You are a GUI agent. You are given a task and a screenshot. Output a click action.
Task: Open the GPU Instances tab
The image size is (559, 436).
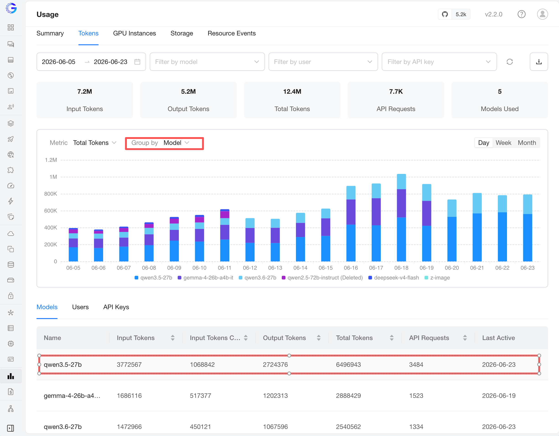click(x=134, y=33)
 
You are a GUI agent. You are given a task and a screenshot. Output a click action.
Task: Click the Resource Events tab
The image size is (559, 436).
click(x=231, y=33)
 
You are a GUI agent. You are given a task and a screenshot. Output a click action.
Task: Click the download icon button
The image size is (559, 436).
click(x=538, y=62)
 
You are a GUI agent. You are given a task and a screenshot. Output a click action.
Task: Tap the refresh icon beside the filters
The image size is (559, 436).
click(x=509, y=62)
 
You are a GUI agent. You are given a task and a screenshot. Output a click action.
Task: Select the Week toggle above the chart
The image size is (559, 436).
click(x=503, y=143)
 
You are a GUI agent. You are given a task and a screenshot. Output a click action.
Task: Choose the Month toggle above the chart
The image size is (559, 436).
click(x=527, y=143)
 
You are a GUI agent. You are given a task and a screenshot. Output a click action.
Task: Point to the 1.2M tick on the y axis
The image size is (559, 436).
click(x=51, y=160)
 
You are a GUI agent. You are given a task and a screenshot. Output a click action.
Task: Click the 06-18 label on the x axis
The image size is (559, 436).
click(x=401, y=268)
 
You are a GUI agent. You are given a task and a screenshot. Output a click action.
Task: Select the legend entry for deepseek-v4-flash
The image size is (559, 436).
click(x=393, y=278)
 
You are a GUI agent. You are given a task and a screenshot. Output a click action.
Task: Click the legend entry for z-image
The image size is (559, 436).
click(x=437, y=278)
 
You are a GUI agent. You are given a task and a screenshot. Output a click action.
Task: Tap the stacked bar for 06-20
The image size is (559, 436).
click(x=452, y=230)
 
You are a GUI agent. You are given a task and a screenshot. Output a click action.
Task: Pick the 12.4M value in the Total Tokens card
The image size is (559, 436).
click(x=292, y=91)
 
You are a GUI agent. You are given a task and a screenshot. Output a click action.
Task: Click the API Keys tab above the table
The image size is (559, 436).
click(x=116, y=307)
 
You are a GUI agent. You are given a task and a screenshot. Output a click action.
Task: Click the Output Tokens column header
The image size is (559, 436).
click(x=284, y=338)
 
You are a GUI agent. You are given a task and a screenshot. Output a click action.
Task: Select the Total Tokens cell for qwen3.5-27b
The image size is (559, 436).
click(x=348, y=364)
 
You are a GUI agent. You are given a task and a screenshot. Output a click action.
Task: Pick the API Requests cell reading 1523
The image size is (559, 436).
click(x=416, y=396)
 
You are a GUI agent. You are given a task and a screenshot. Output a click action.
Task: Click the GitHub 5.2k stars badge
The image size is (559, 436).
click(x=454, y=14)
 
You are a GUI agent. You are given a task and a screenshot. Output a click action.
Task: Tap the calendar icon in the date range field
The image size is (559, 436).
click(x=137, y=62)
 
